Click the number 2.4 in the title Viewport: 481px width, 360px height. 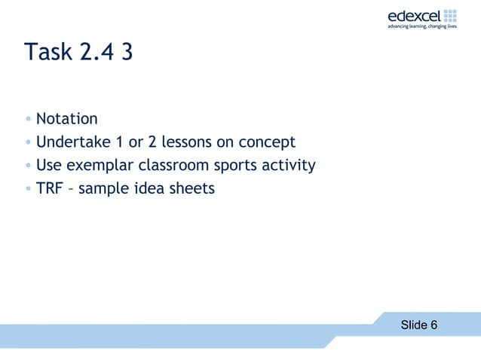[x=94, y=53]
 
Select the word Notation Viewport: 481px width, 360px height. [x=67, y=119]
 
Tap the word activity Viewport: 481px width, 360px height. [x=286, y=166]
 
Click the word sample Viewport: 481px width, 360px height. [x=103, y=188]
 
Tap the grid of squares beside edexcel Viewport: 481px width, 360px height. [x=451, y=15]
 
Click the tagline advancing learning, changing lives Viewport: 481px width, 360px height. [x=422, y=27]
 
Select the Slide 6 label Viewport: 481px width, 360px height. [x=418, y=325]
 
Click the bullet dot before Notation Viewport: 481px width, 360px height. [x=28, y=120]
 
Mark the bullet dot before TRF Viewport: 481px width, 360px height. [x=28, y=189]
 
